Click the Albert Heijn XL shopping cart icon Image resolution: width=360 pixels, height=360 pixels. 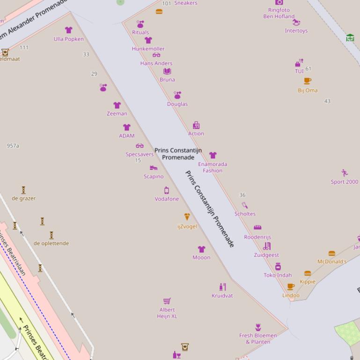(x=167, y=301)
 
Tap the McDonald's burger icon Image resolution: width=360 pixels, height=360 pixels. (x=332, y=253)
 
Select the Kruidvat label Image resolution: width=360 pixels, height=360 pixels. (x=222, y=295)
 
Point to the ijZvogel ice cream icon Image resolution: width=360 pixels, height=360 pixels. (x=187, y=217)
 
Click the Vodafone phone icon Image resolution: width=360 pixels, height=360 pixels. (x=167, y=190)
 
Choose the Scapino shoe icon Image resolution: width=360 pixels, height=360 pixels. (x=154, y=168)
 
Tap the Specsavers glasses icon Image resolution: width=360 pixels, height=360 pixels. (x=140, y=146)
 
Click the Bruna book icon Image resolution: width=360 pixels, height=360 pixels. (x=167, y=71)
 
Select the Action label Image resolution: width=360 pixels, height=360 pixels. (x=196, y=134)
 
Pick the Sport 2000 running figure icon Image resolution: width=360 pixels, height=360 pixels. (x=345, y=173)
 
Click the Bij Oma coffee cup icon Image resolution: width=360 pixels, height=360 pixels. (x=308, y=81)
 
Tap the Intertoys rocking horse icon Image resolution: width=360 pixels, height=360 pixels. (x=296, y=22)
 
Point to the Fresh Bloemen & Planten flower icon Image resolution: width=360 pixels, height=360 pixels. (x=258, y=327)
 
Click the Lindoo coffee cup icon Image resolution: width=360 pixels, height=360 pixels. (x=291, y=287)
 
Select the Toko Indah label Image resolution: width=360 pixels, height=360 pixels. (x=278, y=275)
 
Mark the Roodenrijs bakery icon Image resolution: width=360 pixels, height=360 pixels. (x=257, y=228)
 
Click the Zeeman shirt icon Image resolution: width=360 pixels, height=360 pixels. (x=117, y=105)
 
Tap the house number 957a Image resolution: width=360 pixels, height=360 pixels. (x=13, y=146)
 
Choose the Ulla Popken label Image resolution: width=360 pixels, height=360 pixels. (x=69, y=39)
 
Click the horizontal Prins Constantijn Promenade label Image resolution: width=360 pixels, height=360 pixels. (x=178, y=154)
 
